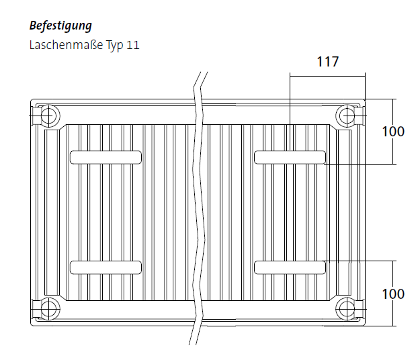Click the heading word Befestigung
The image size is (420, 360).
pyautogui.click(x=60, y=26)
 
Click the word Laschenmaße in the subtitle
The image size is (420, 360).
pyautogui.click(x=66, y=45)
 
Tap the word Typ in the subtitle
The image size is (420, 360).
pyautogui.click(x=115, y=45)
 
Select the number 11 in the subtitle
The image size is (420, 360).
pyautogui.click(x=133, y=45)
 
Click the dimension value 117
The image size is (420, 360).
pyautogui.click(x=327, y=62)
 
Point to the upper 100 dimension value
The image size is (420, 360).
pyautogui.click(x=393, y=132)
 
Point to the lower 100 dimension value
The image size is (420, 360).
pyautogui.click(x=393, y=294)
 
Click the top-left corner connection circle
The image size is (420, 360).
pyautogui.click(x=49, y=116)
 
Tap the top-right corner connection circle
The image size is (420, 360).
pyautogui.click(x=347, y=116)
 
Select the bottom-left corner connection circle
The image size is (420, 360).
pyautogui.click(x=49, y=309)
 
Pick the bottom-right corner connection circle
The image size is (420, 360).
pyautogui.click(x=347, y=309)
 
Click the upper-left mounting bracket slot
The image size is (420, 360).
pyautogui.click(x=106, y=157)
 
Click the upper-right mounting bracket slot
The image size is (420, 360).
pyautogui.click(x=290, y=157)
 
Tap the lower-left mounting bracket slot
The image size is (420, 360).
pyautogui.click(x=106, y=267)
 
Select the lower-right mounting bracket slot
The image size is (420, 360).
pyautogui.click(x=290, y=267)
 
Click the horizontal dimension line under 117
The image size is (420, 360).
pyautogui.click(x=327, y=77)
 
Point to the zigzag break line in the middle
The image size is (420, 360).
pyautogui.click(x=198, y=208)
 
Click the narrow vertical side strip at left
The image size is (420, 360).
pyautogui.click(x=52, y=212)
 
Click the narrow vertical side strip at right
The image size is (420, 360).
pyautogui.click(x=343, y=212)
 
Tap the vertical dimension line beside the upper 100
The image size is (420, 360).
pyautogui.click(x=393, y=132)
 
